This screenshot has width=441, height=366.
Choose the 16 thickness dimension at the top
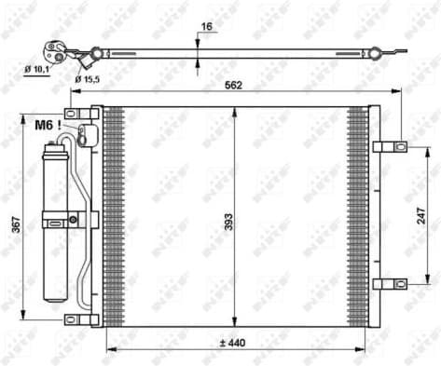[x=206, y=28]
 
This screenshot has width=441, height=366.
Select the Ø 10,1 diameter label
[x=38, y=69]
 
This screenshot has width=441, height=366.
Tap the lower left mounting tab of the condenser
[x=82, y=319]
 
